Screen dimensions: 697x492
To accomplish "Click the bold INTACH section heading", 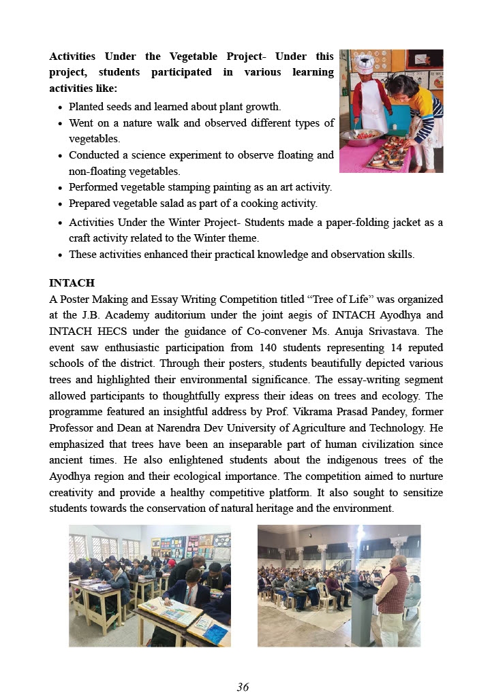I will click(x=72, y=282).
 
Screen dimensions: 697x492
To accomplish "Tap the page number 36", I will click(x=243, y=687).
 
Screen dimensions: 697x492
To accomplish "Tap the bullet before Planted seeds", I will click(x=61, y=108).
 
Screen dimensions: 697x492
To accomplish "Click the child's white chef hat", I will click(x=364, y=63).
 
